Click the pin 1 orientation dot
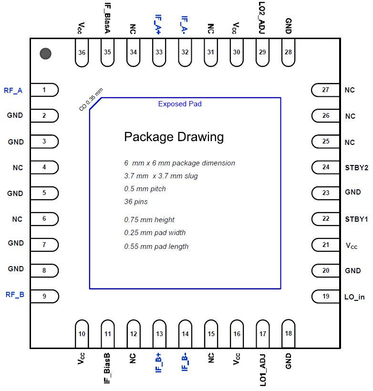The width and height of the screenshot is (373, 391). pyautogui.click(x=45, y=54)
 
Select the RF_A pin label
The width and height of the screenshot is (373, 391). pyautogui.click(x=13, y=90)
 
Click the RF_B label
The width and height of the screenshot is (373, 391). pyautogui.click(x=14, y=294)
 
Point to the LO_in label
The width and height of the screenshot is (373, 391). pyautogui.click(x=354, y=297)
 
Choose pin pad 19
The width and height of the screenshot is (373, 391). pyautogui.click(x=326, y=296)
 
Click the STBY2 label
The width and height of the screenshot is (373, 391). pyautogui.click(x=356, y=167)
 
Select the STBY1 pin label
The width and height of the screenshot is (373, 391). pyautogui.click(x=356, y=219)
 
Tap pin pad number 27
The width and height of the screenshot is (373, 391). pyautogui.click(x=326, y=90)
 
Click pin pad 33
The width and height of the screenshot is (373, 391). pyautogui.click(x=159, y=52)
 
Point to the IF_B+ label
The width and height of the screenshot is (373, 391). pyautogui.click(x=159, y=362)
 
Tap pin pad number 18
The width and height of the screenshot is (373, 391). pyautogui.click(x=288, y=333)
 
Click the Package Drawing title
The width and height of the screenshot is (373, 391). pyautogui.click(x=174, y=137)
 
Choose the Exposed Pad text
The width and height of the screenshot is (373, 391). pyautogui.click(x=180, y=104)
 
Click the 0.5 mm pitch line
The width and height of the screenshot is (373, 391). pyautogui.click(x=145, y=189)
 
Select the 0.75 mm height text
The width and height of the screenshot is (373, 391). pyautogui.click(x=149, y=220)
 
